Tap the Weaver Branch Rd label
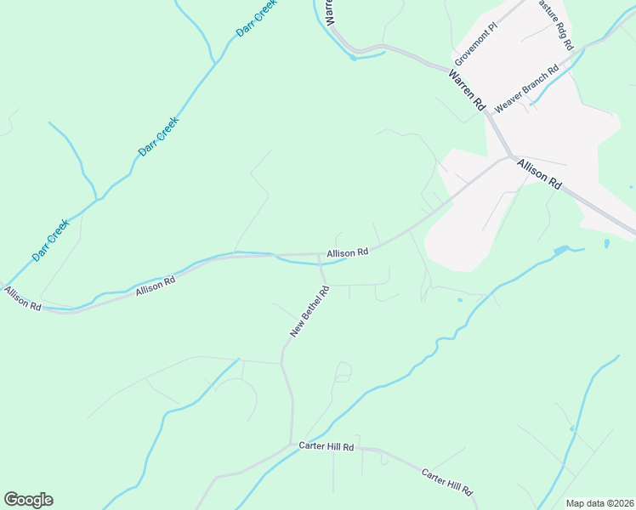(526, 88)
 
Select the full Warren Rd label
(467, 92)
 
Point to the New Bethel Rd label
(309, 312)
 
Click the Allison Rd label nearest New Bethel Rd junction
(347, 252)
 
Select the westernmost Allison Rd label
(22, 298)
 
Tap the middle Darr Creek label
(158, 137)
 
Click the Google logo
(28, 500)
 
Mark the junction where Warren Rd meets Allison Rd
(510, 156)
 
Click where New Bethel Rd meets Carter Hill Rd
(293, 445)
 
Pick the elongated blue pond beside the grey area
(560, 251)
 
